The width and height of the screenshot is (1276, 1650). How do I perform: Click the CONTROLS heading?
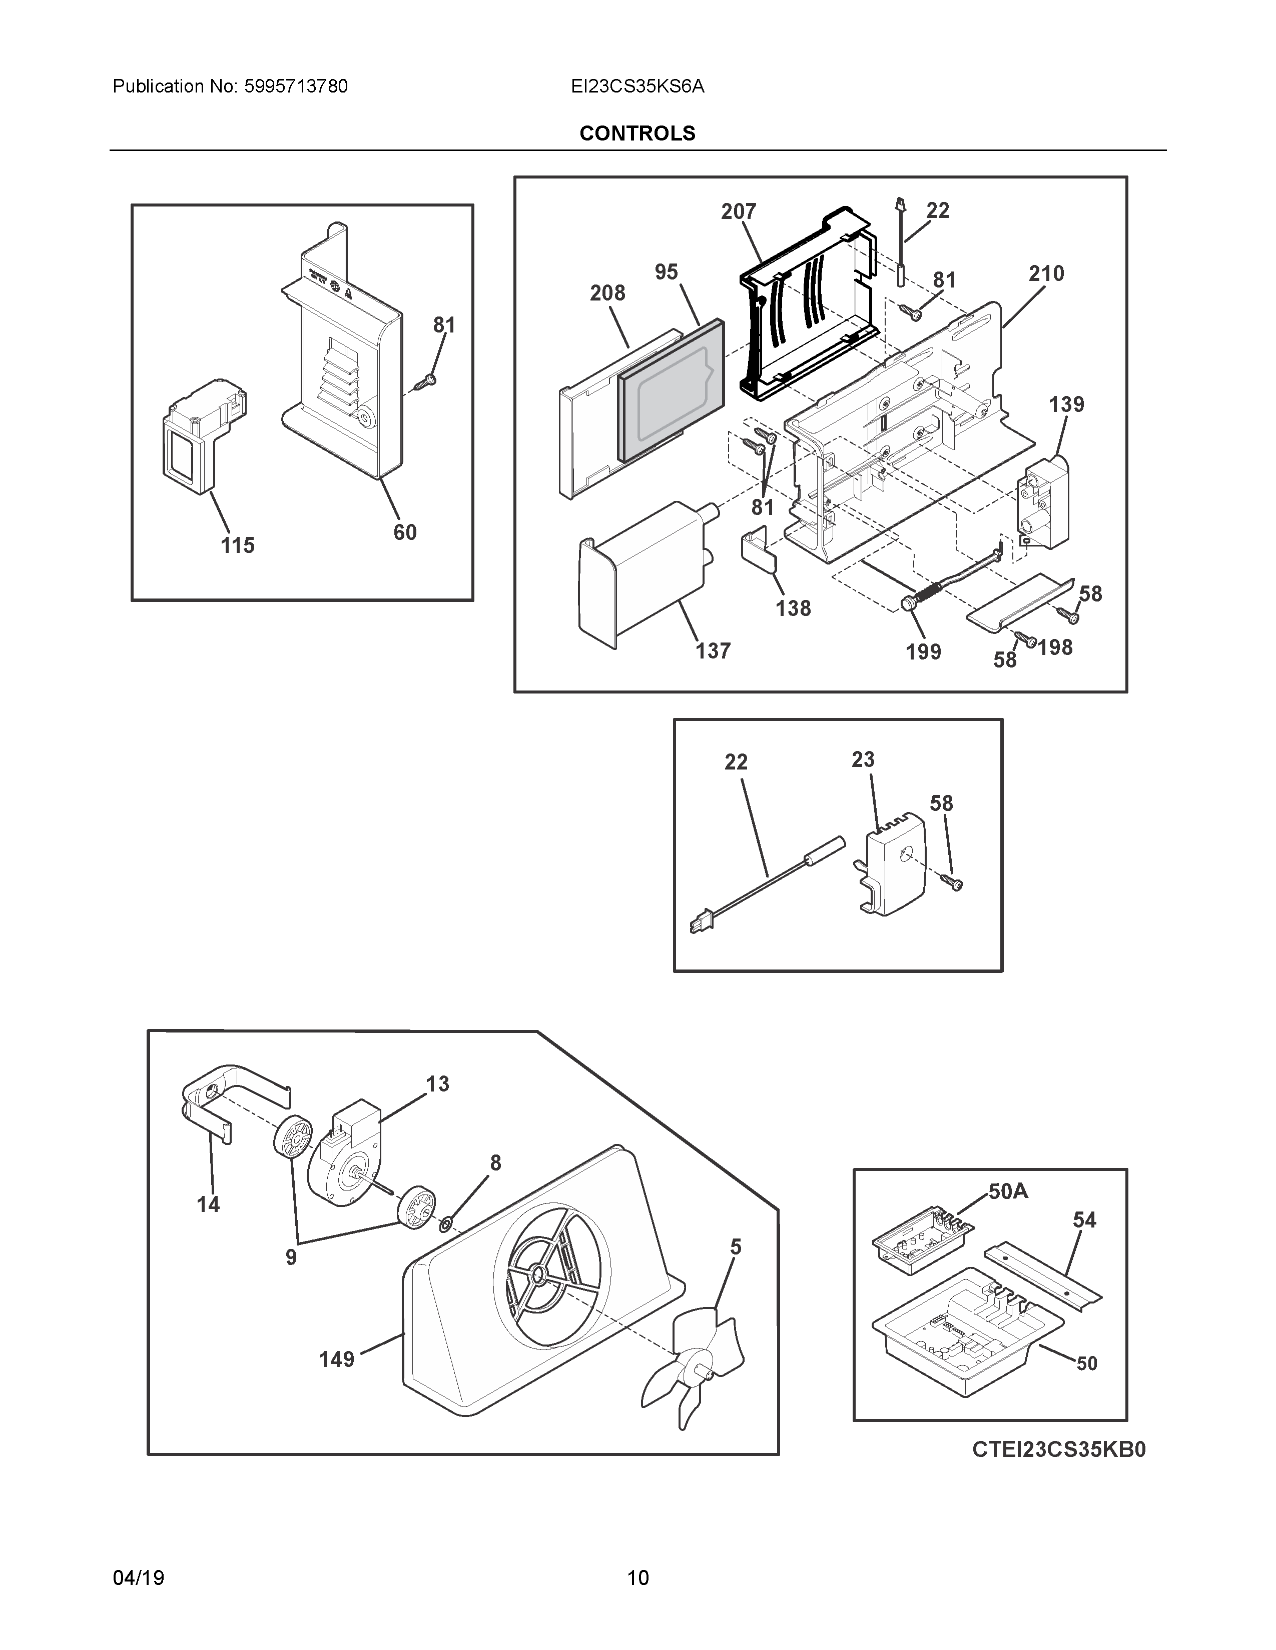click(636, 133)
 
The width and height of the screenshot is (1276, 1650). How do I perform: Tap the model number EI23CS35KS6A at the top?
click(637, 87)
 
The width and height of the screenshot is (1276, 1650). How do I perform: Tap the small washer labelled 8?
click(446, 1221)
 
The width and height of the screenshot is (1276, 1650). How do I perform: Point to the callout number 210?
click(1046, 273)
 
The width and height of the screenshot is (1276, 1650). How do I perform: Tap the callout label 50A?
click(1008, 1191)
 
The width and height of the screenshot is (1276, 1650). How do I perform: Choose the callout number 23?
click(863, 759)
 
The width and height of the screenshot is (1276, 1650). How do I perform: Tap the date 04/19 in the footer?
click(138, 1577)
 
